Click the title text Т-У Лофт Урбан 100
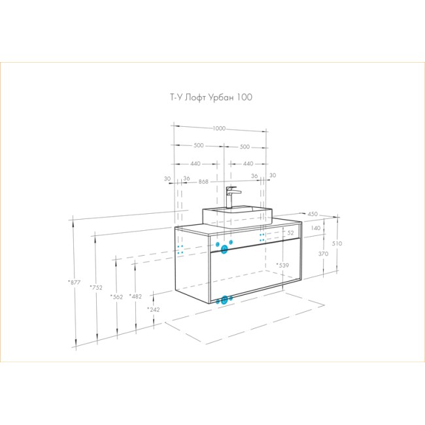(211, 97)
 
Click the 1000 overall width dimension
(219, 128)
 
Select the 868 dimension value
(203, 182)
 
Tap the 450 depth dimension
(313, 214)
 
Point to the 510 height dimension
(337, 243)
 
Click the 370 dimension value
(323, 254)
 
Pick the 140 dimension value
(316, 228)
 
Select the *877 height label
(75, 282)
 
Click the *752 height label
(96, 287)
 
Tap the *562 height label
(116, 297)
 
